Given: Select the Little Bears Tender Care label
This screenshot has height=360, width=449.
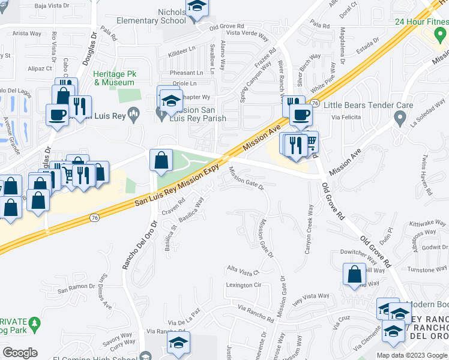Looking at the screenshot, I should coord(368,105).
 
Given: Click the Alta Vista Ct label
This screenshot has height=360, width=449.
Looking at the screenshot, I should coord(242,269).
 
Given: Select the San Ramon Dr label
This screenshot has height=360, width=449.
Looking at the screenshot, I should coord(76,291).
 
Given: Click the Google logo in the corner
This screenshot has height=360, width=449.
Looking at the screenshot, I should coord(20,352).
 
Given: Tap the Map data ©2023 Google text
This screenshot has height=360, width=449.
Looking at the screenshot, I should coord(411,355).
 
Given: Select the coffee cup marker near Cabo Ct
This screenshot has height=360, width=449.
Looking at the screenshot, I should coord(58,114).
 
